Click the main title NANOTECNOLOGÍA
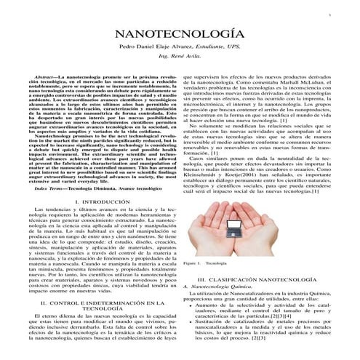tap(180, 35)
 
